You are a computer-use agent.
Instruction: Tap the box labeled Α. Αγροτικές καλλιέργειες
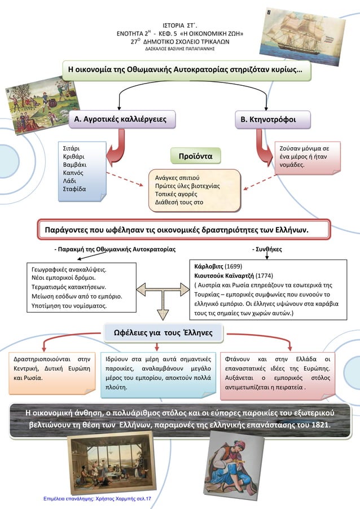tap(120, 120)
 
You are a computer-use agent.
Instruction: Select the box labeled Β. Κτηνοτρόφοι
tap(275, 120)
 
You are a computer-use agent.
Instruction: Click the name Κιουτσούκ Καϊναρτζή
tap(223, 275)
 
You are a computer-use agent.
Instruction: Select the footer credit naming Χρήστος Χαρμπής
tap(97, 500)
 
